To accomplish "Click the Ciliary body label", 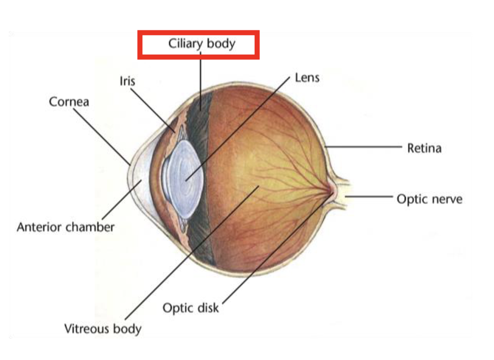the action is pos(201,43).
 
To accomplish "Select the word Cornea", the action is pos(69,102).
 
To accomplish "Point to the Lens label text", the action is pos(307,78).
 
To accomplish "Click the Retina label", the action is pos(424,149).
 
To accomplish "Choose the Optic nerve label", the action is pos(429,199).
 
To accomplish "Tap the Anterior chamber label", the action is pos(65,226).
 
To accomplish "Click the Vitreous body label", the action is pos(103,329).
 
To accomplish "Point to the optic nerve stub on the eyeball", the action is pos(342,194).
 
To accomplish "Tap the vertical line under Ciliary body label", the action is pos(201,77).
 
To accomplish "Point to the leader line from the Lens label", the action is pos(237,129).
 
